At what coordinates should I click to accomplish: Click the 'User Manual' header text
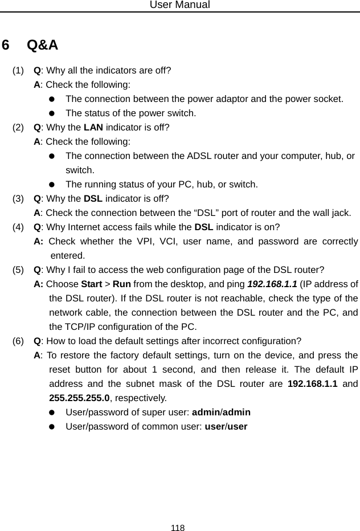(x=179, y=5)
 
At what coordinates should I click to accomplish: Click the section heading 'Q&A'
(x=42, y=45)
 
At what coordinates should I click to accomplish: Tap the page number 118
(x=178, y=528)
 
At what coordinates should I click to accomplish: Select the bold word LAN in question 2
(x=93, y=127)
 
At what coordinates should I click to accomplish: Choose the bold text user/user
(x=226, y=426)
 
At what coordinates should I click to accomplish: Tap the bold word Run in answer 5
(x=121, y=284)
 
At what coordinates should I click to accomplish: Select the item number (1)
(x=19, y=71)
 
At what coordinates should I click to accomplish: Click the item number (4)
(x=19, y=227)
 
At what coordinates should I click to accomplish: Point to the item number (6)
(x=19, y=341)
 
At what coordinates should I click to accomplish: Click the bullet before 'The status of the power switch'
(x=52, y=113)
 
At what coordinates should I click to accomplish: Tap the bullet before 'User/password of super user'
(x=52, y=412)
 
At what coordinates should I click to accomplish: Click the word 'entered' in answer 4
(x=68, y=255)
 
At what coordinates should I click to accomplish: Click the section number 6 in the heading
(x=6, y=45)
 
